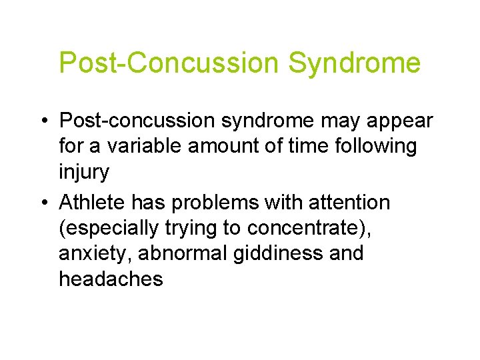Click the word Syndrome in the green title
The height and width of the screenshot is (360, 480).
[355, 63]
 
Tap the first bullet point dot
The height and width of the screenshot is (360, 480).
[43, 122]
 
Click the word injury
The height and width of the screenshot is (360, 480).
[84, 171]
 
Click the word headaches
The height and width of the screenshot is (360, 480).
[111, 279]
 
